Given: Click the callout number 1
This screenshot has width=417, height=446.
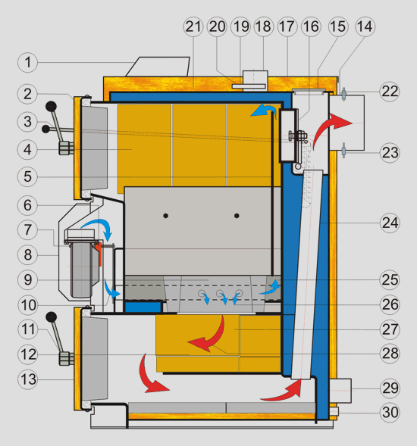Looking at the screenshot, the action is pyautogui.click(x=27, y=62).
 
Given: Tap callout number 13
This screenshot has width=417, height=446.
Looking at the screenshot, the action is pyautogui.click(x=27, y=379).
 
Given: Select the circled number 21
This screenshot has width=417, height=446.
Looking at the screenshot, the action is pyautogui.click(x=193, y=27).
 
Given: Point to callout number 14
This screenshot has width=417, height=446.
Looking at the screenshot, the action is pyautogui.click(x=365, y=27).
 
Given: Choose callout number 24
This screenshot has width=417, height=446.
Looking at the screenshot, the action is pyautogui.click(x=390, y=223).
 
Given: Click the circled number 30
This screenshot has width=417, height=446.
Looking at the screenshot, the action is pyautogui.click(x=390, y=413).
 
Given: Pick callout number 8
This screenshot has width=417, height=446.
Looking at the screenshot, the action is pyautogui.click(x=27, y=255).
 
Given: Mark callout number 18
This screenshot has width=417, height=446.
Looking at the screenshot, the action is pyautogui.click(x=264, y=27).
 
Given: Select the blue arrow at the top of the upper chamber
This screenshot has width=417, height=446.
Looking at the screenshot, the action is pyautogui.click(x=264, y=108).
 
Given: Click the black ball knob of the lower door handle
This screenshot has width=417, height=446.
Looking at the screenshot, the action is pyautogui.click(x=52, y=317).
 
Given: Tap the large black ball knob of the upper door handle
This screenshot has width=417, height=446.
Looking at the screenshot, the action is pyautogui.click(x=51, y=107).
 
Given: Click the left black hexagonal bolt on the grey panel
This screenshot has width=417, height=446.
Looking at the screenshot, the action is pyautogui.click(x=166, y=216).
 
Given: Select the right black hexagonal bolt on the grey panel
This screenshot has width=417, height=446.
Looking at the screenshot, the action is pyautogui.click(x=237, y=216).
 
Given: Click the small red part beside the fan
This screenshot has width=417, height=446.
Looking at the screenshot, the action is pyautogui.click(x=99, y=253).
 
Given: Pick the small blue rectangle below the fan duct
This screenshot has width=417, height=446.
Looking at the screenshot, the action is pyautogui.click(x=143, y=307).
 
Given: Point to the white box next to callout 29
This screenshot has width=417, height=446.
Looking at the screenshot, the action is pyautogui.click(x=340, y=391).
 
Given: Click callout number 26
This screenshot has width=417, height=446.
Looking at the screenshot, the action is pyautogui.click(x=390, y=305).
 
